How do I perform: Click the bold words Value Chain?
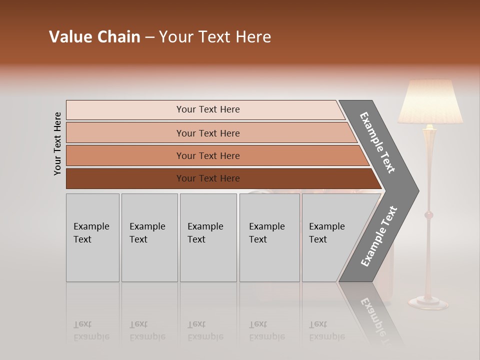pyautogui.click(x=94, y=37)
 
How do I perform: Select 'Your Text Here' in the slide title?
pyautogui.click(x=215, y=37)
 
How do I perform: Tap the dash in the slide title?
pyautogui.click(x=149, y=37)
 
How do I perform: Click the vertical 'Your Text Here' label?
pyautogui.click(x=57, y=143)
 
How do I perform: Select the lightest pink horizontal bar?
pyautogui.click(x=205, y=109)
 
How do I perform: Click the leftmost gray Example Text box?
pyautogui.click(x=92, y=237)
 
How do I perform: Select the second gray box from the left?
pyautogui.click(x=149, y=237)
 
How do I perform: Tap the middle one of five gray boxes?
pyautogui.click(x=208, y=237)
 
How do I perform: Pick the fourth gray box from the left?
pyautogui.click(x=269, y=237)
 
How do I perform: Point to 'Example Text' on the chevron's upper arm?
pyautogui.click(x=377, y=142)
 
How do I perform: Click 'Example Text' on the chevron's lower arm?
pyautogui.click(x=379, y=236)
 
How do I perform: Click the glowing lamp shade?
pyautogui.click(x=429, y=102)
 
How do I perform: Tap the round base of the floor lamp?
pyautogui.click(x=428, y=302)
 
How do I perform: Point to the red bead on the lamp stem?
pyautogui.click(x=428, y=215)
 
